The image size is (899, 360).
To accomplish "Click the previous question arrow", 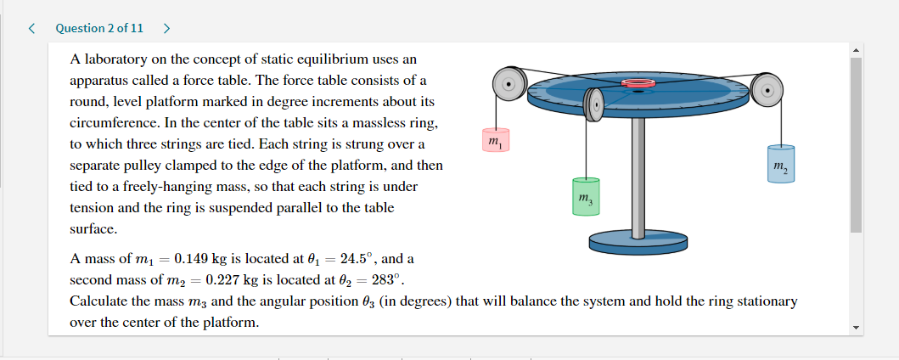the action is (x=31, y=28).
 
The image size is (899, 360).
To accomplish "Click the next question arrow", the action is (x=166, y=28).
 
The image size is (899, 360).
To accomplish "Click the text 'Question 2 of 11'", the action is (x=99, y=28).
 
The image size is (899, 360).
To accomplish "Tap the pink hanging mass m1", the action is (x=494, y=140).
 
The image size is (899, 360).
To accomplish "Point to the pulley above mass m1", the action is (x=508, y=84).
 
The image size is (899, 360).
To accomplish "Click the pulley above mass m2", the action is (x=767, y=87).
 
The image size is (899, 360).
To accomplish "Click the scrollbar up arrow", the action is (x=855, y=49).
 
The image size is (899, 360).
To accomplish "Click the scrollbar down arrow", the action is (x=855, y=327).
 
